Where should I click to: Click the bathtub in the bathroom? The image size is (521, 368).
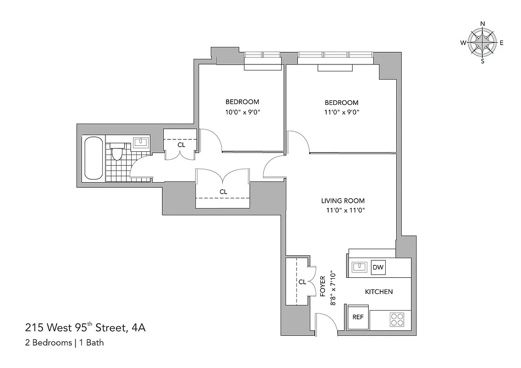click(x=93, y=158)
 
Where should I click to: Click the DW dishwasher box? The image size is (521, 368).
click(x=378, y=267)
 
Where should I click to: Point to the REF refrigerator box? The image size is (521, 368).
click(x=358, y=317)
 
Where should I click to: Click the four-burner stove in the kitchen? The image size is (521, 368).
click(x=397, y=319)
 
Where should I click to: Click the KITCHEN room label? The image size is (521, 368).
click(x=379, y=292)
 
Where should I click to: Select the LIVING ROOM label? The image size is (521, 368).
click(x=343, y=201)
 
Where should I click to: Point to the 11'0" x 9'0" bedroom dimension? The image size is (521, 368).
click(x=341, y=112)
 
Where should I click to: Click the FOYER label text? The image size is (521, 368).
click(x=323, y=285)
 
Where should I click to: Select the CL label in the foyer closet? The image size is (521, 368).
click(x=302, y=282)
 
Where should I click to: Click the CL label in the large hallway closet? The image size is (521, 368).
click(x=223, y=191)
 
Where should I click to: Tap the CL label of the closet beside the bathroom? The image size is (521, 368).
click(x=181, y=144)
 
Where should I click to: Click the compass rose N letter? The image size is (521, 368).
click(x=483, y=24)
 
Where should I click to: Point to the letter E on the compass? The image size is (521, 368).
click(x=502, y=43)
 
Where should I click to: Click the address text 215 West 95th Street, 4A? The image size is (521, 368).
click(x=86, y=328)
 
